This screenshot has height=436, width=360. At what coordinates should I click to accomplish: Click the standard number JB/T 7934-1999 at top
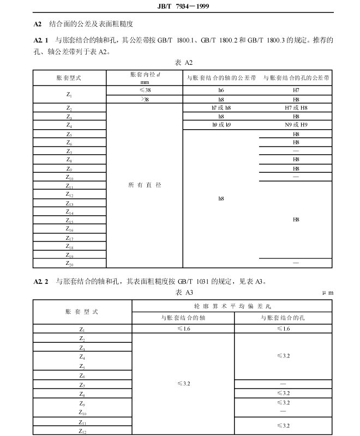[180, 7]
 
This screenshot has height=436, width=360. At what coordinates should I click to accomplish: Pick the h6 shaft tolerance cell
[221, 89]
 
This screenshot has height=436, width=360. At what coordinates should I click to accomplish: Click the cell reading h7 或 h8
[221, 108]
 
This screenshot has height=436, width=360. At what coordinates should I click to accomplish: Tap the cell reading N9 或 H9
[296, 125]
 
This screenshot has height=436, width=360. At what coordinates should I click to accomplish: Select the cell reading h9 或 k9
[221, 125]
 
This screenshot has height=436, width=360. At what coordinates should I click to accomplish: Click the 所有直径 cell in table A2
[145, 185]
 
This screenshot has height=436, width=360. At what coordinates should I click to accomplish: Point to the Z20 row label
[70, 263]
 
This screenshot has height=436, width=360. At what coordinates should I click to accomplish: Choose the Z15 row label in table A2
[70, 221]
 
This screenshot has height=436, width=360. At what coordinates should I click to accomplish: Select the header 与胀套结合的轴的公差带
[221, 78]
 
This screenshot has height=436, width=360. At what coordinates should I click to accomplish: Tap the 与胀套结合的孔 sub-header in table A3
[283, 318]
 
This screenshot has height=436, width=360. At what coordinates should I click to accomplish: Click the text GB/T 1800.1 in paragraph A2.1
[174, 41]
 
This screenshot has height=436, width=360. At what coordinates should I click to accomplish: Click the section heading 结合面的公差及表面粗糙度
[91, 25]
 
